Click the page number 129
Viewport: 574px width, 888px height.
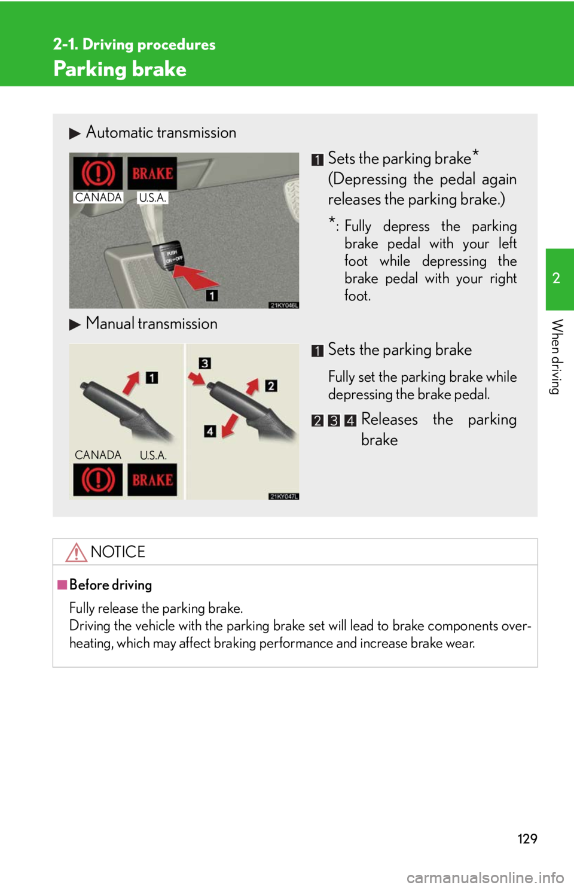(x=527, y=838)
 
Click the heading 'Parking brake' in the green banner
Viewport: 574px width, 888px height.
(x=120, y=69)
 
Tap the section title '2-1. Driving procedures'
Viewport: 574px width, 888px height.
(x=135, y=44)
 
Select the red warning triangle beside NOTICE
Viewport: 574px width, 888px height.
(x=76, y=552)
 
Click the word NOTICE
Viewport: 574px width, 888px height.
(x=118, y=552)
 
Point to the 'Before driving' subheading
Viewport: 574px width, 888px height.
(x=111, y=585)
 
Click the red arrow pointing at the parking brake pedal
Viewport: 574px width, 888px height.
(x=196, y=276)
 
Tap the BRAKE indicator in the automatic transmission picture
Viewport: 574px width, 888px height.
(x=152, y=174)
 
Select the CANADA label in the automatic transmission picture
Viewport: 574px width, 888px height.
(x=98, y=197)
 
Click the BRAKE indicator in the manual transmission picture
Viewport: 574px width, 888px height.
(x=152, y=480)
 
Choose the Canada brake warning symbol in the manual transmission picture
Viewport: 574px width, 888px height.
(x=98, y=480)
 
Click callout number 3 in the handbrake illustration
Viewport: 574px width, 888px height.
(x=204, y=363)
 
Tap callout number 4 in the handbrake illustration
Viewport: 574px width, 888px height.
(x=210, y=431)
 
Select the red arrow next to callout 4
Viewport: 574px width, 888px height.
(x=230, y=426)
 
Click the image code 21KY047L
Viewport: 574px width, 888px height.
(x=283, y=496)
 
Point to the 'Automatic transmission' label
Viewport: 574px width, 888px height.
(x=161, y=132)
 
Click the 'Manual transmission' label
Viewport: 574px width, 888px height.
(x=152, y=324)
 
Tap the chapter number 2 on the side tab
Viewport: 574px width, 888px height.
(x=556, y=278)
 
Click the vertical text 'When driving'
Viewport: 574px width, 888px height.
(x=557, y=357)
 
